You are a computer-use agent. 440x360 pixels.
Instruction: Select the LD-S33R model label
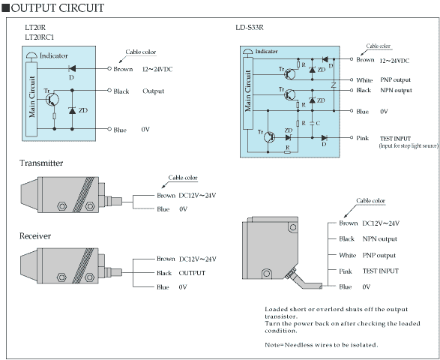[x=250, y=28]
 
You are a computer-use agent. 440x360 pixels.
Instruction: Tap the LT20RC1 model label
[x=39, y=37]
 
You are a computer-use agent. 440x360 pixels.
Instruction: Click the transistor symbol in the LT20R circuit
[x=52, y=100]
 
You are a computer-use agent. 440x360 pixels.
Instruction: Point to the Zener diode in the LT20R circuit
[x=72, y=110]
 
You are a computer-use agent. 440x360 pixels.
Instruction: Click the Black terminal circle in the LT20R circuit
[x=109, y=90]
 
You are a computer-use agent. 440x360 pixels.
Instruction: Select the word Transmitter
[x=41, y=163]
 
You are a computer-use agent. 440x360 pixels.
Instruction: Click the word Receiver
[x=35, y=236]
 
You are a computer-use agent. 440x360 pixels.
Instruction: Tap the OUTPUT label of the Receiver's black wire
[x=192, y=273]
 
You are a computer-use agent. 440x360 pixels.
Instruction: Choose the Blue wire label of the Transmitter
[x=163, y=209]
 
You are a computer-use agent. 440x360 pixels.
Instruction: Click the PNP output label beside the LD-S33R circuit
[x=395, y=80]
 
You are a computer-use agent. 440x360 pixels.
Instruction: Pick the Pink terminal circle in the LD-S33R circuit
[x=352, y=137]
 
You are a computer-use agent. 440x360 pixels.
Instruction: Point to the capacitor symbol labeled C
[x=312, y=123]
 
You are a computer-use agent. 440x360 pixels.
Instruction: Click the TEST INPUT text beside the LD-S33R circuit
[x=395, y=139]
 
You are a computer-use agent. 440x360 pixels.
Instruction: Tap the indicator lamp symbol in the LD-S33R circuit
[x=248, y=52]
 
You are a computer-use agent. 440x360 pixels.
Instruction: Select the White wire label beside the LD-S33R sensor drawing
[x=347, y=255]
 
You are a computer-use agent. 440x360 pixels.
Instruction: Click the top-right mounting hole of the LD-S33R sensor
[x=293, y=227]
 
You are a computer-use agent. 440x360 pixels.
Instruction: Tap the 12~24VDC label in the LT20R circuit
[x=157, y=69]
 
